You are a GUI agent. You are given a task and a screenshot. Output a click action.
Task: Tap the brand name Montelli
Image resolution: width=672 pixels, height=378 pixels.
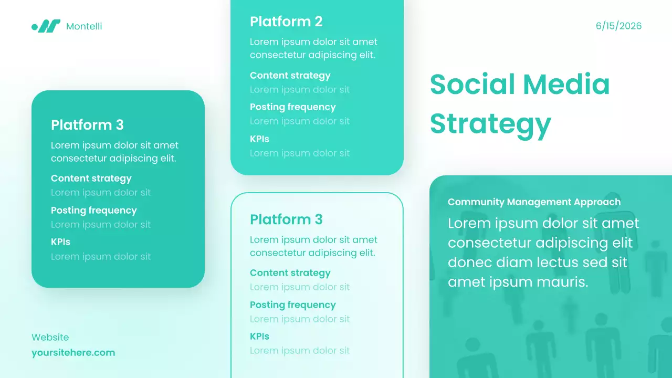pos(84,26)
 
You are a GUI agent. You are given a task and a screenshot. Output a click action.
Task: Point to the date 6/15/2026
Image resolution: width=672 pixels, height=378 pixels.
pos(618,26)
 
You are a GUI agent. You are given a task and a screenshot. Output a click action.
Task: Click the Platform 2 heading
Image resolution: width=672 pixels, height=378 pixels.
pos(286,22)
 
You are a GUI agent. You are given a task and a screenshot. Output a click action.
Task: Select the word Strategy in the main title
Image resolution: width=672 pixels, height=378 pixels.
pos(490,123)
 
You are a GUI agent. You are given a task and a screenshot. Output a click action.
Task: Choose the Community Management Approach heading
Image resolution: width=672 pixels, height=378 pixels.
pos(534,202)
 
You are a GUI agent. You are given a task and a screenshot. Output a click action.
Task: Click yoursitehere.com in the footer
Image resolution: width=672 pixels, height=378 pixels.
pos(73,353)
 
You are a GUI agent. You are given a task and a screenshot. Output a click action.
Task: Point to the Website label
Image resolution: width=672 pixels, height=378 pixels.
pos(50,337)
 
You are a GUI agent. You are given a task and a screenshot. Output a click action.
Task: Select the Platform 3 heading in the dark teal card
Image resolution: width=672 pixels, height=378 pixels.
pos(87,125)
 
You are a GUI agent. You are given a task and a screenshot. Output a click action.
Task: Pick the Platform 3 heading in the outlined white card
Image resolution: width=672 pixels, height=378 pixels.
pos(286,219)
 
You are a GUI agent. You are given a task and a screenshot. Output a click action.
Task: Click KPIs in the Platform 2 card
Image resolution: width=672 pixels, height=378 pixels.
pos(259,139)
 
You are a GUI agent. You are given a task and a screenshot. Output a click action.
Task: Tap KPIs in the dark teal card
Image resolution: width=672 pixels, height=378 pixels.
pos(60,242)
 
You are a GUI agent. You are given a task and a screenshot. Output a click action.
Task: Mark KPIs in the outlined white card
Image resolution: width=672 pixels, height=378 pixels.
pos(259,337)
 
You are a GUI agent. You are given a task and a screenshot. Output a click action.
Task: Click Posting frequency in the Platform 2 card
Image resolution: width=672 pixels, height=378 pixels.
pos(292,107)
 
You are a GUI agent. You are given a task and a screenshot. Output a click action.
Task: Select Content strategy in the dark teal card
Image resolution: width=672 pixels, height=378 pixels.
pos(91,178)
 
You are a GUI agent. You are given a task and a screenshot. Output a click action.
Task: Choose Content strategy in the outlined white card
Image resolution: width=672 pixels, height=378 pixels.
pos(290,273)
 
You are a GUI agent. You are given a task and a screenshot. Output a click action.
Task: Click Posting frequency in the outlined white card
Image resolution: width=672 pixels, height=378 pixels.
pos(292,305)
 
